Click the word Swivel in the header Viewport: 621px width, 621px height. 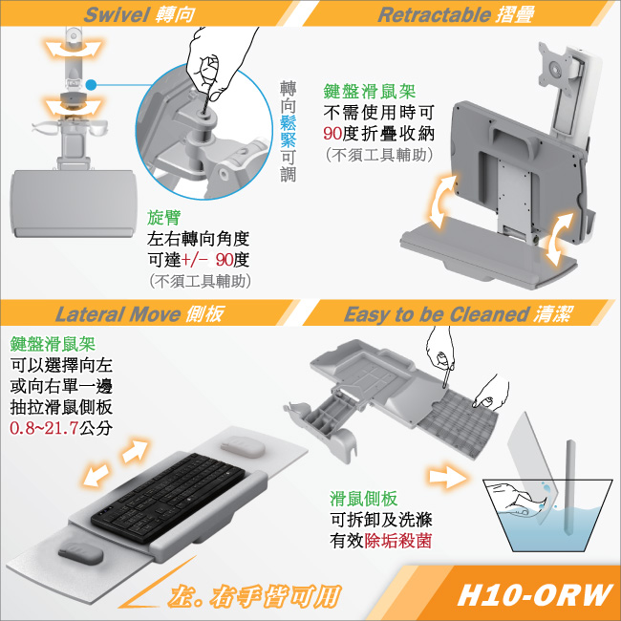[117, 14]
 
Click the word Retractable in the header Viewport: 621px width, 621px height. [434, 14]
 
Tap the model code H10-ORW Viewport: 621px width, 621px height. [535, 594]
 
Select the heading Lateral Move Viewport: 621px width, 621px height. [118, 314]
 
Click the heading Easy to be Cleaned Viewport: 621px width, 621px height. [437, 314]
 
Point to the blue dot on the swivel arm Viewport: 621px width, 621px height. [91, 84]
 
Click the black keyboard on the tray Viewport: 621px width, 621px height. [168, 497]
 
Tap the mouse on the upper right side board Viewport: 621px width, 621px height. [243, 446]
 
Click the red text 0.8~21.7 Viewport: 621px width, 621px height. [44, 428]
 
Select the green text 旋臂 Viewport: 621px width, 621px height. [164, 217]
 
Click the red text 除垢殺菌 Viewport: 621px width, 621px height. [397, 541]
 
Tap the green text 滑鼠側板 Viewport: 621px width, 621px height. [364, 499]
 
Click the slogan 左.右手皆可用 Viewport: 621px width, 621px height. [254, 596]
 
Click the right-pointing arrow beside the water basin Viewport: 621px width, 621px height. [447, 476]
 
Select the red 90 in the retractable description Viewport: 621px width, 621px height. [332, 134]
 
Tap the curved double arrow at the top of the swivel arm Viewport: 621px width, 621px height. [74, 49]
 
